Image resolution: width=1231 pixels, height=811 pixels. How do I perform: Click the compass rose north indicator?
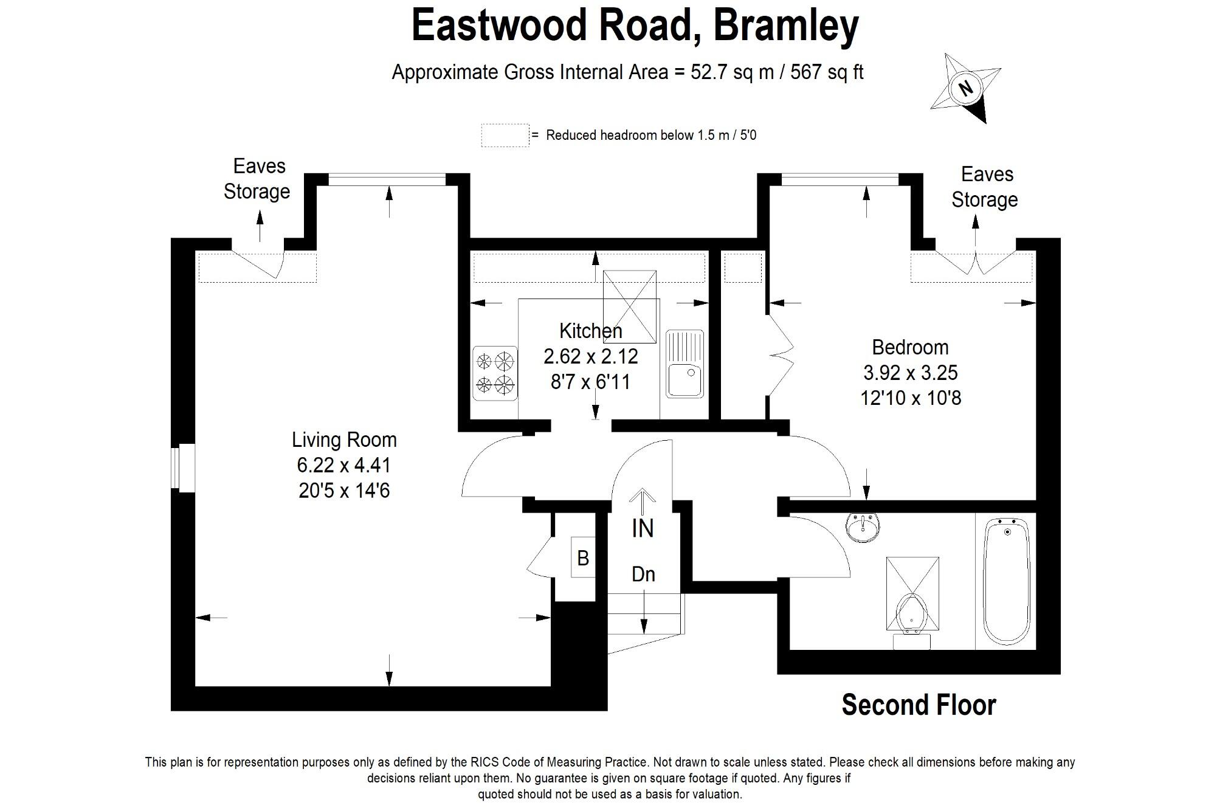(x=965, y=88)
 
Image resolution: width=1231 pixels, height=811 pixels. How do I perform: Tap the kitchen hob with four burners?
(x=495, y=373)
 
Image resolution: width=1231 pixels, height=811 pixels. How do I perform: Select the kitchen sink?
(x=684, y=364)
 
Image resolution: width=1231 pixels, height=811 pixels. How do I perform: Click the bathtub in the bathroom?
(x=1007, y=581)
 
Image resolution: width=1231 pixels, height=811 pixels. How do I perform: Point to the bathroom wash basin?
(x=862, y=526)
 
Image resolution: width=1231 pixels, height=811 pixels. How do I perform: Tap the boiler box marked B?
(x=582, y=557)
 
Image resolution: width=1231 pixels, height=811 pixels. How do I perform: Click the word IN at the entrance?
(x=643, y=528)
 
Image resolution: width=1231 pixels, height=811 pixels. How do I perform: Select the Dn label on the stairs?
(x=643, y=574)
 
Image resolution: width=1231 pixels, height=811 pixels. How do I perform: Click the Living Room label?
(x=344, y=440)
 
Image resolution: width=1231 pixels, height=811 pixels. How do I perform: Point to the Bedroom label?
(x=910, y=347)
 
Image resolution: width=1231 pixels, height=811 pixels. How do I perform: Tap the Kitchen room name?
(x=590, y=331)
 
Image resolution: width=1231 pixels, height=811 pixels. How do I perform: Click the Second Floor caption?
(x=919, y=705)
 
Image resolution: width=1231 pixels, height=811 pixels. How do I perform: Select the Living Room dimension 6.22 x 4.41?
(x=344, y=465)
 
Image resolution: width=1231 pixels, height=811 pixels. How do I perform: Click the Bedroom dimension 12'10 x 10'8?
(x=911, y=398)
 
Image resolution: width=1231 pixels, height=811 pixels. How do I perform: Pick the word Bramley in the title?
(x=785, y=26)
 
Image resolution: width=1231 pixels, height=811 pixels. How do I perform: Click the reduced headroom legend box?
(x=505, y=136)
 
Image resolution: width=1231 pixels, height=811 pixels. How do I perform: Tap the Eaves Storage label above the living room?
(x=257, y=179)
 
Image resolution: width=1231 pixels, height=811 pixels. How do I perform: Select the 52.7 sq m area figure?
(x=732, y=72)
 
